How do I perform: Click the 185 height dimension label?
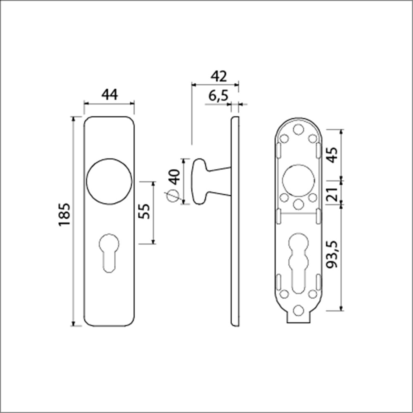tap(64, 214)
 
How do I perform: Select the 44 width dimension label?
tap(109, 95)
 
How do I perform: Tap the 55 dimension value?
tap(144, 211)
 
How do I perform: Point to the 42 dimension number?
tap(218, 76)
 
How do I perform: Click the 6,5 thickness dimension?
tap(218, 96)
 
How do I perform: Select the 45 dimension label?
tap(332, 155)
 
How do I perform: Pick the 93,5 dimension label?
tap(332, 254)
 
